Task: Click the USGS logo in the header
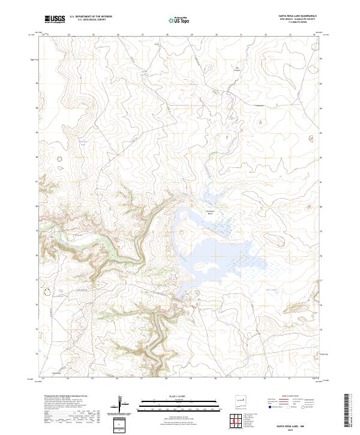point(54,19)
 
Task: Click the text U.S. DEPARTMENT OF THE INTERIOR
point(91,17)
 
